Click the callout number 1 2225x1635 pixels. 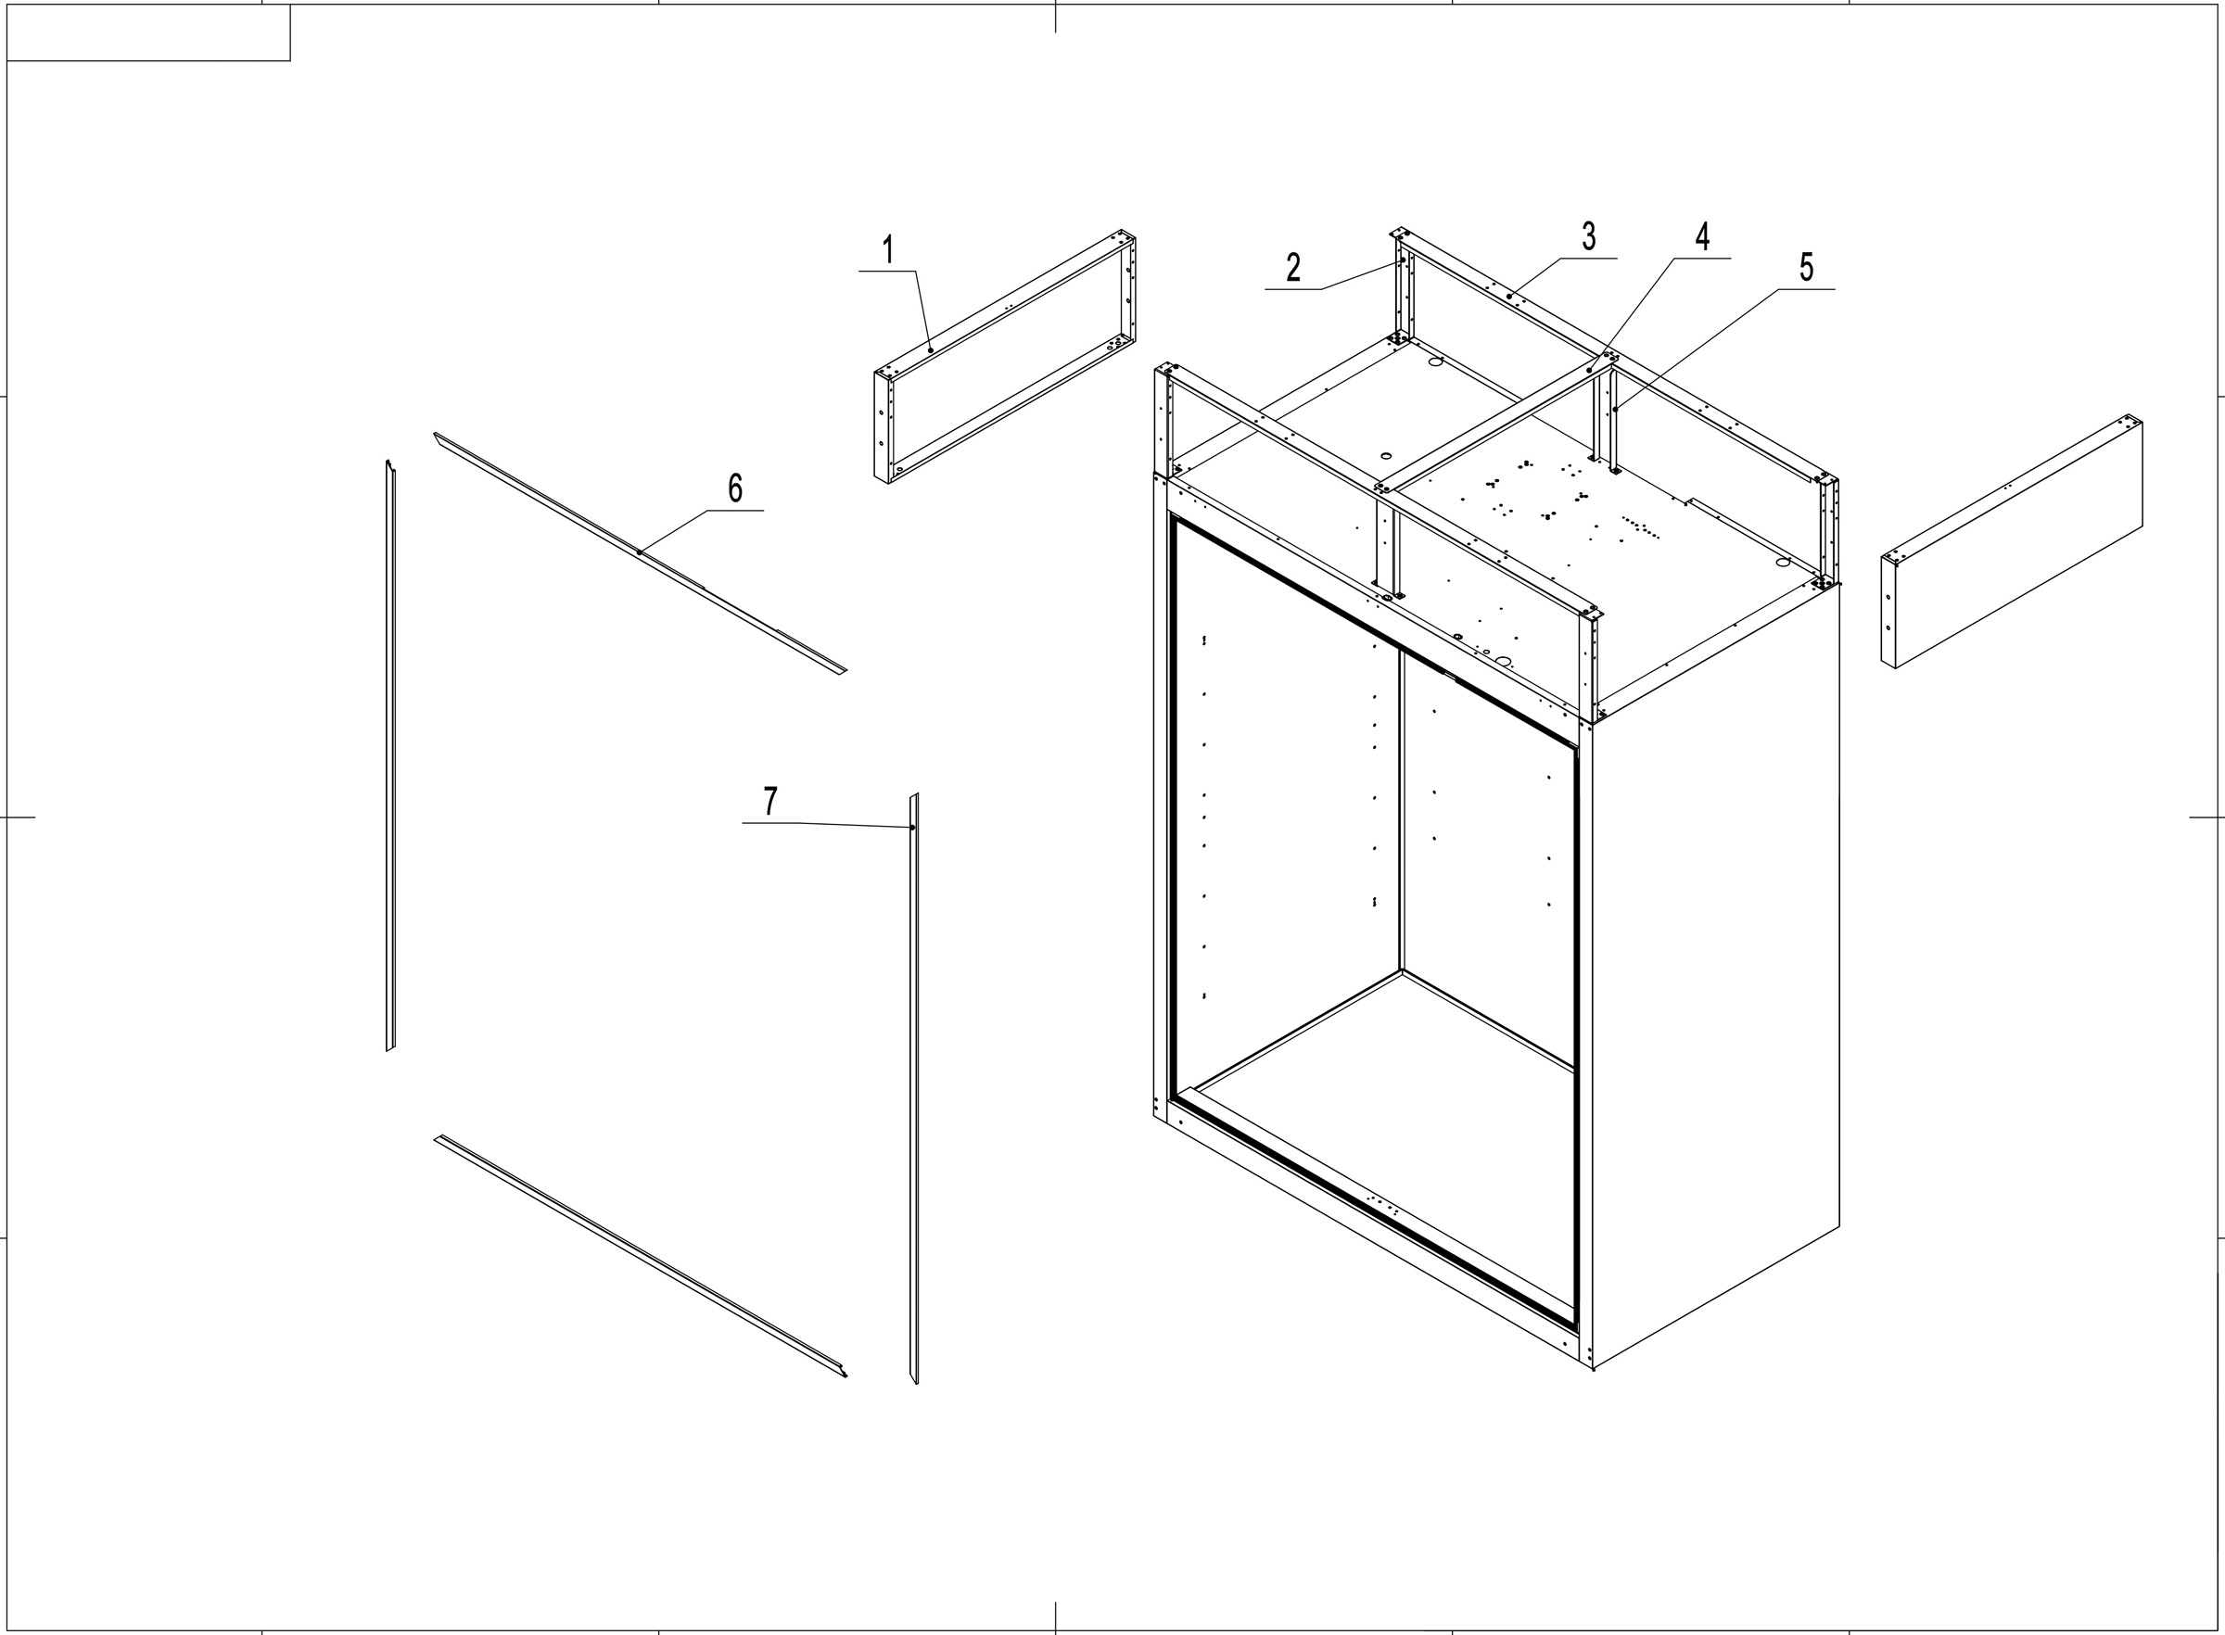click(888, 249)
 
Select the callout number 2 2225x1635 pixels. click(1292, 267)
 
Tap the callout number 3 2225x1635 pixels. click(1589, 236)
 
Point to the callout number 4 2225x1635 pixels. click(1702, 236)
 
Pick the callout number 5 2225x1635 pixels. click(1806, 267)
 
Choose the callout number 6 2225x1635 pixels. click(735, 488)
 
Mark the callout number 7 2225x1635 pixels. click(770, 801)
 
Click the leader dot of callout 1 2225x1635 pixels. click(931, 350)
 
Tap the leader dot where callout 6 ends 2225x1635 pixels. click(640, 552)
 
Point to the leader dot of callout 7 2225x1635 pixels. click(911, 828)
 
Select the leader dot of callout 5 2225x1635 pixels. click(1614, 409)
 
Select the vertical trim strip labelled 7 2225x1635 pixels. click(914, 1089)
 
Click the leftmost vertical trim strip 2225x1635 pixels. click(391, 757)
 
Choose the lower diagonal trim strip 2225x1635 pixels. click(639, 1255)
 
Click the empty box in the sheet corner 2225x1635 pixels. click(148, 32)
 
